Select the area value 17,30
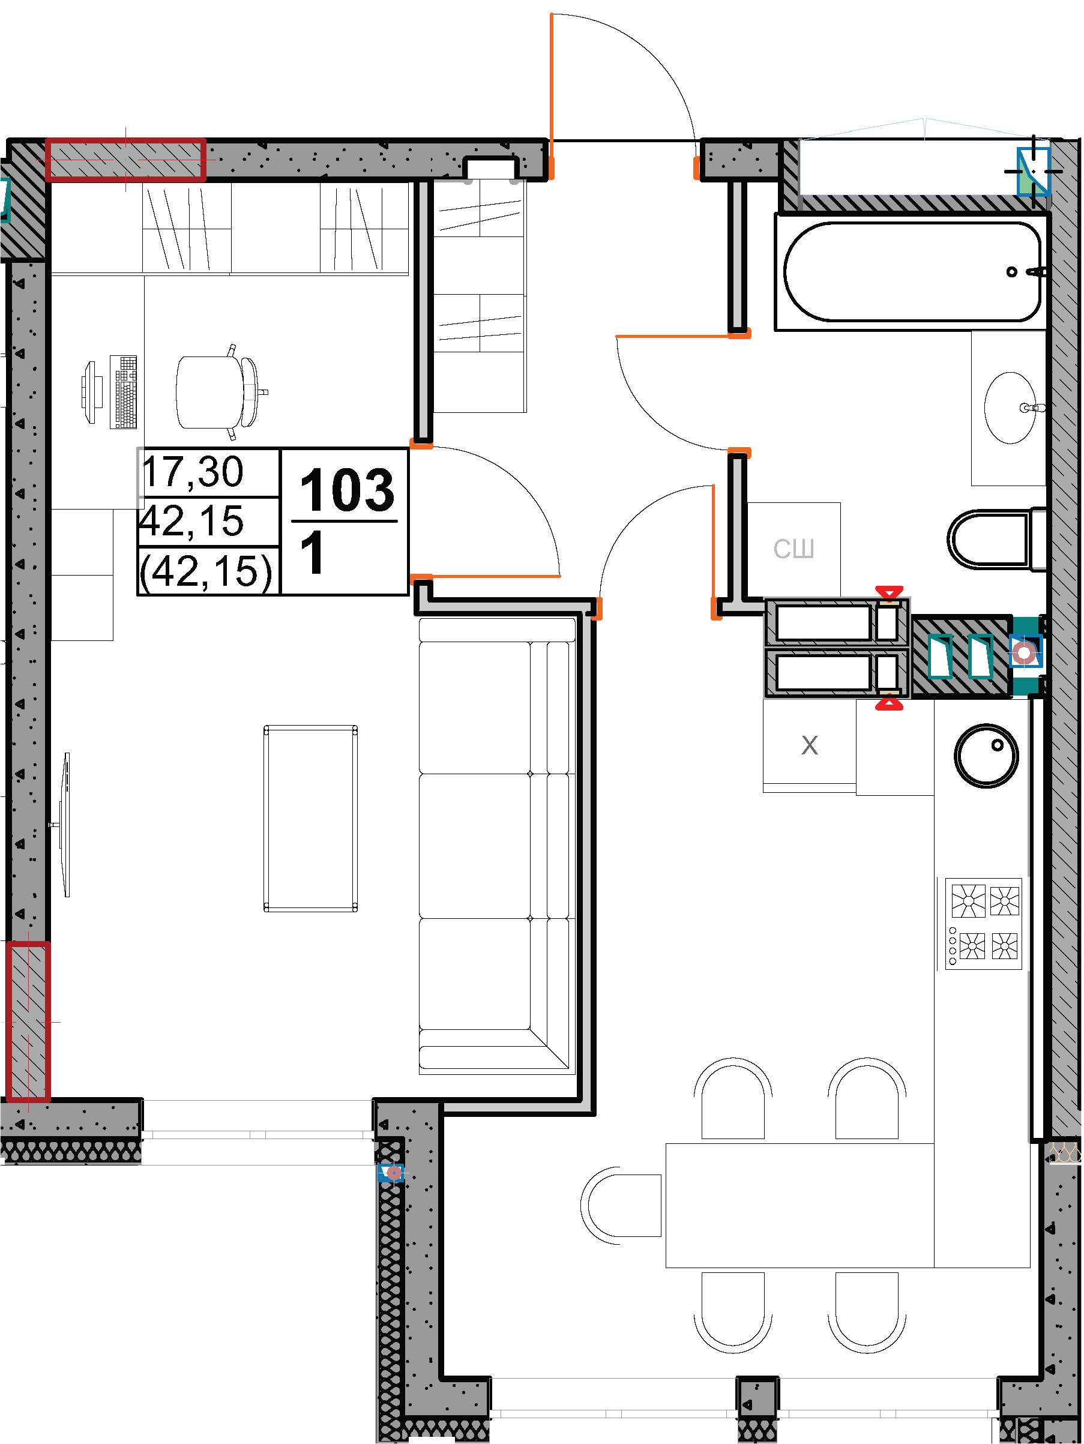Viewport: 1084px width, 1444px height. [x=193, y=472]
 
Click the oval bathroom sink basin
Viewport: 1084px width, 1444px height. [x=1010, y=408]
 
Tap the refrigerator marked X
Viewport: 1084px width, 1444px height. [x=809, y=745]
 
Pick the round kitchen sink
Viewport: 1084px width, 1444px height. [x=986, y=755]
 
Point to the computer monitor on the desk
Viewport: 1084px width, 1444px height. [x=90, y=392]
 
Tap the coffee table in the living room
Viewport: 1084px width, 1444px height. [x=310, y=818]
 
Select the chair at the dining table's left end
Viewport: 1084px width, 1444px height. [x=621, y=1205]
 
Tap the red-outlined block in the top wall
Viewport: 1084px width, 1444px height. [x=125, y=159]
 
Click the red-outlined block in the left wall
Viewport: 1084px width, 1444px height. [x=28, y=1022]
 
